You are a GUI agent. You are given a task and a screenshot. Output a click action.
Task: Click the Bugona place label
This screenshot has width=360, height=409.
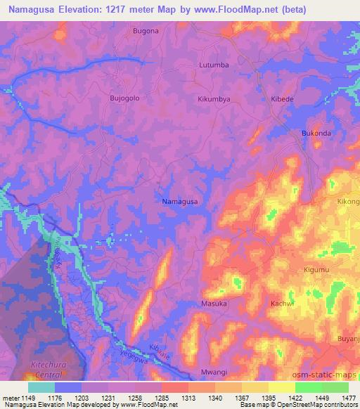click(x=146, y=32)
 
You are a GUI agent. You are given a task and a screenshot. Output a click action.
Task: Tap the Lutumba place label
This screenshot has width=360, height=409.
click(x=214, y=65)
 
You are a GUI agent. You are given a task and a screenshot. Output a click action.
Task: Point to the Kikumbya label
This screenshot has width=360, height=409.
click(x=214, y=99)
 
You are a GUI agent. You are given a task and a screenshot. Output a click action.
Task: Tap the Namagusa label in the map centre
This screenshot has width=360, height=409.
click(x=180, y=202)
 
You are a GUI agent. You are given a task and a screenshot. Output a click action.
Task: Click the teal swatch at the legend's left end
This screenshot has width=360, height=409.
click(x=41, y=387)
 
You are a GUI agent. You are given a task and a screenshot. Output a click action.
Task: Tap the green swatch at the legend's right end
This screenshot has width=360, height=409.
click(x=335, y=387)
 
